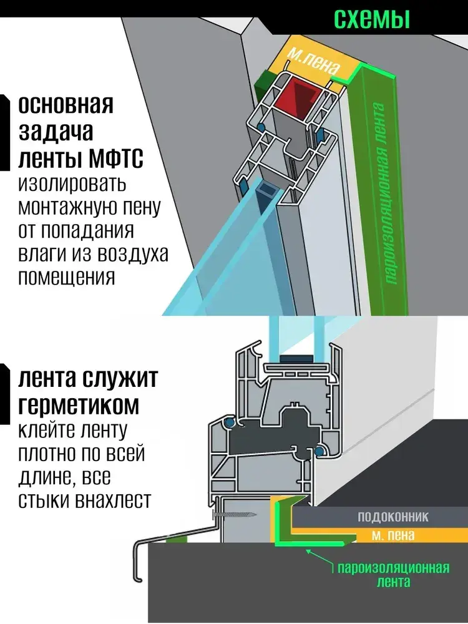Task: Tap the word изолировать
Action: coord(72,185)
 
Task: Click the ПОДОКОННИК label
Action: coord(394,517)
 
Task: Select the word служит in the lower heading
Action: coord(122,379)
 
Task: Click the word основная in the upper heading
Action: coord(66,104)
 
